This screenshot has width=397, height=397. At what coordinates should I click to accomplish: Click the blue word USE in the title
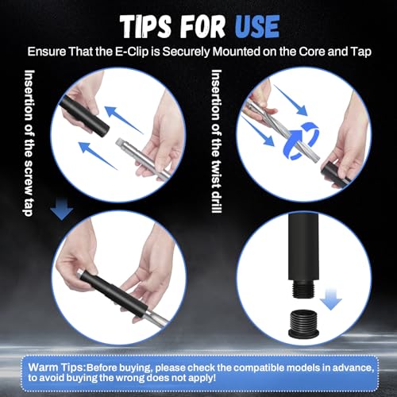click(257, 27)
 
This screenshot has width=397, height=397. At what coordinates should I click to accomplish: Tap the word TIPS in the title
click(145, 27)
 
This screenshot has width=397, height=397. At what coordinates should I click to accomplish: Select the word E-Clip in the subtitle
click(132, 52)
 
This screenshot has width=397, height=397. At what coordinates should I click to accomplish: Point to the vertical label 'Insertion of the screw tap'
click(29, 143)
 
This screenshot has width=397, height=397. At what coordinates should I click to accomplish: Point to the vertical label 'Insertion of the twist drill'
click(217, 141)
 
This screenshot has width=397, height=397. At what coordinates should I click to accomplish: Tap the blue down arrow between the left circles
click(62, 210)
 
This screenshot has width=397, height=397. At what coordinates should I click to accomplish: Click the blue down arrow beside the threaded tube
click(330, 299)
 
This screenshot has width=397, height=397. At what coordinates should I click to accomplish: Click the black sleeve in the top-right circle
click(336, 174)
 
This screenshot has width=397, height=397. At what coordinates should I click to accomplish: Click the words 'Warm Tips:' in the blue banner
click(57, 368)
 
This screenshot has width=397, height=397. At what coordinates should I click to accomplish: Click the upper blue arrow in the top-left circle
click(124, 120)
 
